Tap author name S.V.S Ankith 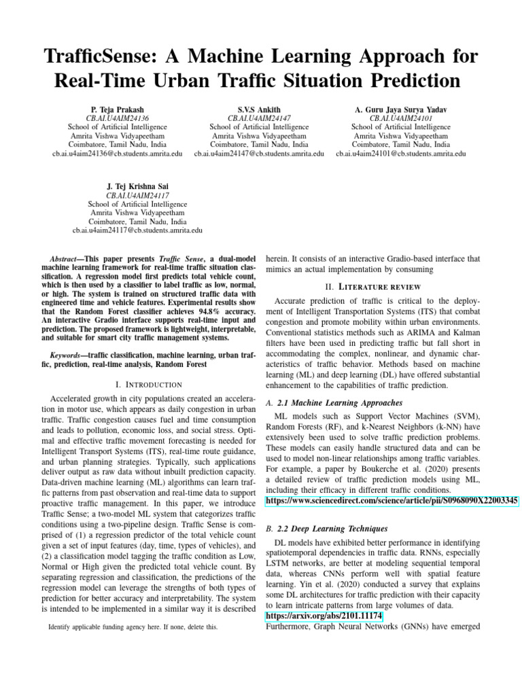(x=259, y=109)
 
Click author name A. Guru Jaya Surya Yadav (x=401, y=109)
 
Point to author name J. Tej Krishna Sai (x=137, y=186)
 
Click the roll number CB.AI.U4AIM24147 (x=259, y=118)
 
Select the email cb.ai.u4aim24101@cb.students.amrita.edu (x=401, y=154)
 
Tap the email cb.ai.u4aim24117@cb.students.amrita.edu (x=137, y=230)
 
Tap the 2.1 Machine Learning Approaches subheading (x=338, y=403)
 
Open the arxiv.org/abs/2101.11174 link (x=324, y=616)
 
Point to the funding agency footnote (x=133, y=627)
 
